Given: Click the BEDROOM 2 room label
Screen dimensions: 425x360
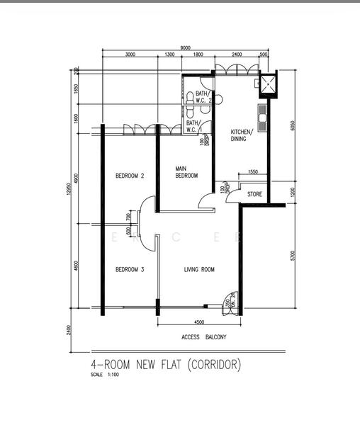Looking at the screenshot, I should [x=130, y=176].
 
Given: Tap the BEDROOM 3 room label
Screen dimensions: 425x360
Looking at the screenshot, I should [x=130, y=269].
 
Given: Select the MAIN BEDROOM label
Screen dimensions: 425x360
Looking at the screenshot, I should [x=186, y=172].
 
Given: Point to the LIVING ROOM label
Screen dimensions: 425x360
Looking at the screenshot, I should [x=199, y=269].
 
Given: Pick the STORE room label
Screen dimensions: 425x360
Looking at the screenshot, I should [x=254, y=193].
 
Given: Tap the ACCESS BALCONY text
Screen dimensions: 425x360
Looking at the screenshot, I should [x=203, y=337].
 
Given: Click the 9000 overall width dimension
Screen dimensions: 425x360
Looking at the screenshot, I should [x=185, y=47].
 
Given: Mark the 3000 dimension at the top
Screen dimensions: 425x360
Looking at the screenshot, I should [x=130, y=55].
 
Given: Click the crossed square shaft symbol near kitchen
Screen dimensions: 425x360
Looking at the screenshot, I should [x=269, y=85].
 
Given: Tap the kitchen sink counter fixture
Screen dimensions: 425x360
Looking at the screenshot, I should [x=261, y=118].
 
